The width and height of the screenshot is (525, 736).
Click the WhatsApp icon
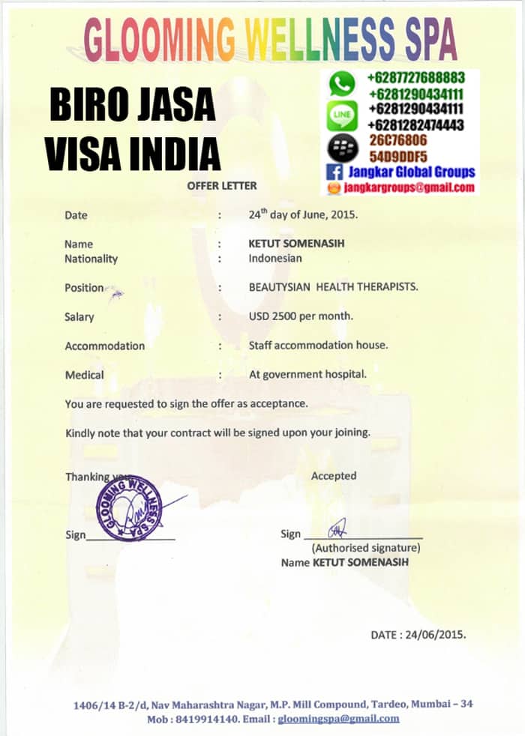pos(342,83)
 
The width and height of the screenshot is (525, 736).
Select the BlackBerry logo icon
pos(343,148)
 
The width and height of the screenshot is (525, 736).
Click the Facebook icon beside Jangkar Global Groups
pos(335,172)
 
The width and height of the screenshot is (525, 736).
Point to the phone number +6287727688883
pos(415,78)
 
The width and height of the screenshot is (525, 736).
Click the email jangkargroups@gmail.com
pos(409,187)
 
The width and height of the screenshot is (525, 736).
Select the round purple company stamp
pos(129,508)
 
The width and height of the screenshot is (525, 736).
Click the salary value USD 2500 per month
pos(301,316)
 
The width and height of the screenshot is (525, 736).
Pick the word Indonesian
pos(275,259)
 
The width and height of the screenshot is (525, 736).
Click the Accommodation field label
pos(104,346)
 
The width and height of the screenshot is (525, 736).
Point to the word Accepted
pos(334,475)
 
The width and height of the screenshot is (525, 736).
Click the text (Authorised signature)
pos(366,548)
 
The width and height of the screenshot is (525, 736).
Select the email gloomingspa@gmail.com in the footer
pos(339,719)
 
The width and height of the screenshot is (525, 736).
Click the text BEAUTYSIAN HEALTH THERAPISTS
pos(334,287)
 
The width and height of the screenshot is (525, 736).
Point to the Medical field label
pos(85,375)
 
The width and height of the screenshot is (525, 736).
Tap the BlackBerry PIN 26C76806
pos(397,140)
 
